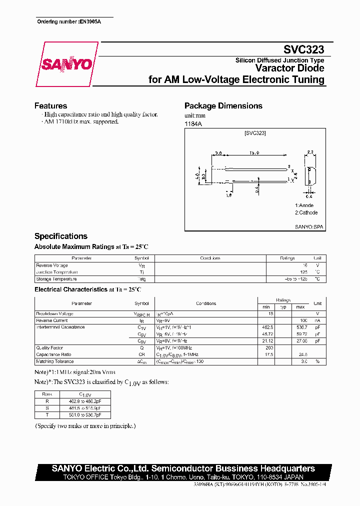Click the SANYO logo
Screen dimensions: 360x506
click(x=66, y=64)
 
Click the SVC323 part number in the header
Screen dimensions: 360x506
click(x=303, y=49)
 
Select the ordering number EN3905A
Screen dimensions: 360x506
click(x=90, y=22)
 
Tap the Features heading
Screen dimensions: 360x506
click(x=50, y=106)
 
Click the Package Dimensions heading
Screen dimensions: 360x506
click(x=223, y=106)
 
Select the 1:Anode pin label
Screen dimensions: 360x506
click(x=304, y=205)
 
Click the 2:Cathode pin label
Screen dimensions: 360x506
click(x=306, y=212)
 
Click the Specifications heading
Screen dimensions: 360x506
click(x=60, y=236)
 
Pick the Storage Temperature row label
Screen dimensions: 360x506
click(x=56, y=279)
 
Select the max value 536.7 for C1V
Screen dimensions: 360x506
click(x=300, y=327)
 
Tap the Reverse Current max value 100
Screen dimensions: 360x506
click(x=303, y=320)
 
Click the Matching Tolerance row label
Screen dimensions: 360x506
click(x=54, y=361)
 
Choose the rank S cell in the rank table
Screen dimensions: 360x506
click(x=47, y=408)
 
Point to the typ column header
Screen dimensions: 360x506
click(x=282, y=306)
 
